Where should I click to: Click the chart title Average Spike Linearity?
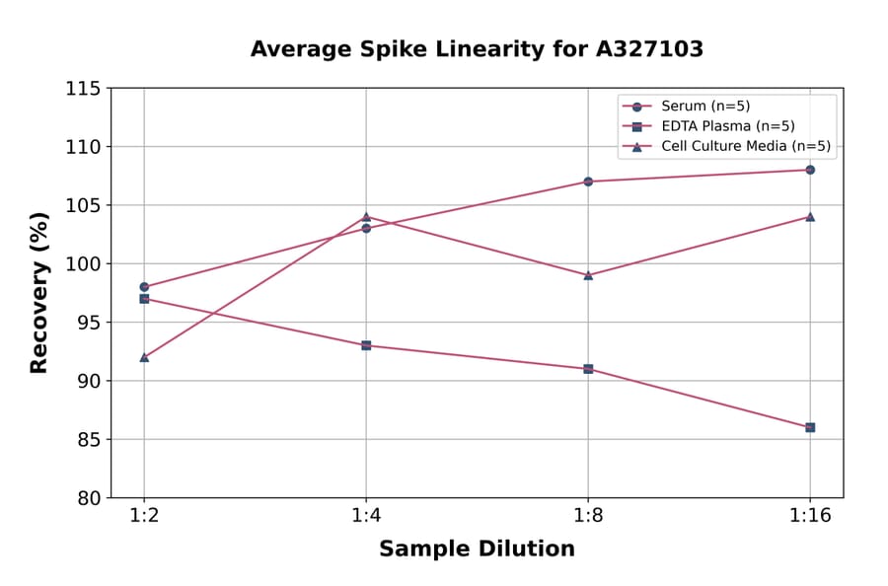tap(477, 49)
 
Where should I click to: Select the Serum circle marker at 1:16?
tap(810, 170)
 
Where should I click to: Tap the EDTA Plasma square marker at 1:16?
tap(810, 427)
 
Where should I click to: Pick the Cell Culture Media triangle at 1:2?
tap(144, 357)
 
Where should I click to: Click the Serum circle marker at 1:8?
tap(588, 182)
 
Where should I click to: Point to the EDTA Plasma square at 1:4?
tap(366, 345)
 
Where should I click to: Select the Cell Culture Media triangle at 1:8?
tap(588, 275)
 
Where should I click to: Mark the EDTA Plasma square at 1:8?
tap(588, 369)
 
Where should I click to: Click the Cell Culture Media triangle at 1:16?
tap(810, 216)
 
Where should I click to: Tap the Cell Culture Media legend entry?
tap(746, 147)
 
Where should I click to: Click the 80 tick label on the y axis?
tap(89, 498)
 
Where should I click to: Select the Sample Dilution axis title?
tap(477, 549)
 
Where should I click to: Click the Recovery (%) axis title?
tap(39, 293)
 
